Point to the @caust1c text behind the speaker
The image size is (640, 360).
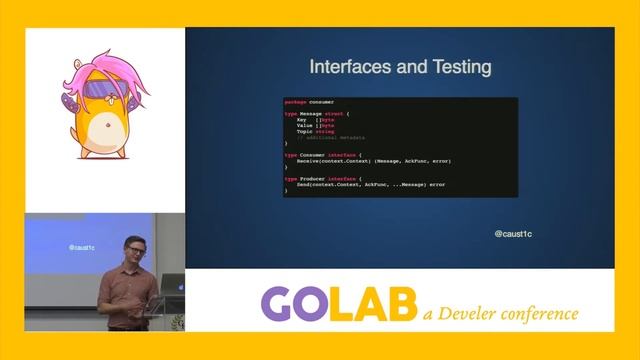83,246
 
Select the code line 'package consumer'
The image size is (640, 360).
310,102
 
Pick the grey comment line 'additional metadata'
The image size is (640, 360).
335,137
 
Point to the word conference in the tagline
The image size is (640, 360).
545,313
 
